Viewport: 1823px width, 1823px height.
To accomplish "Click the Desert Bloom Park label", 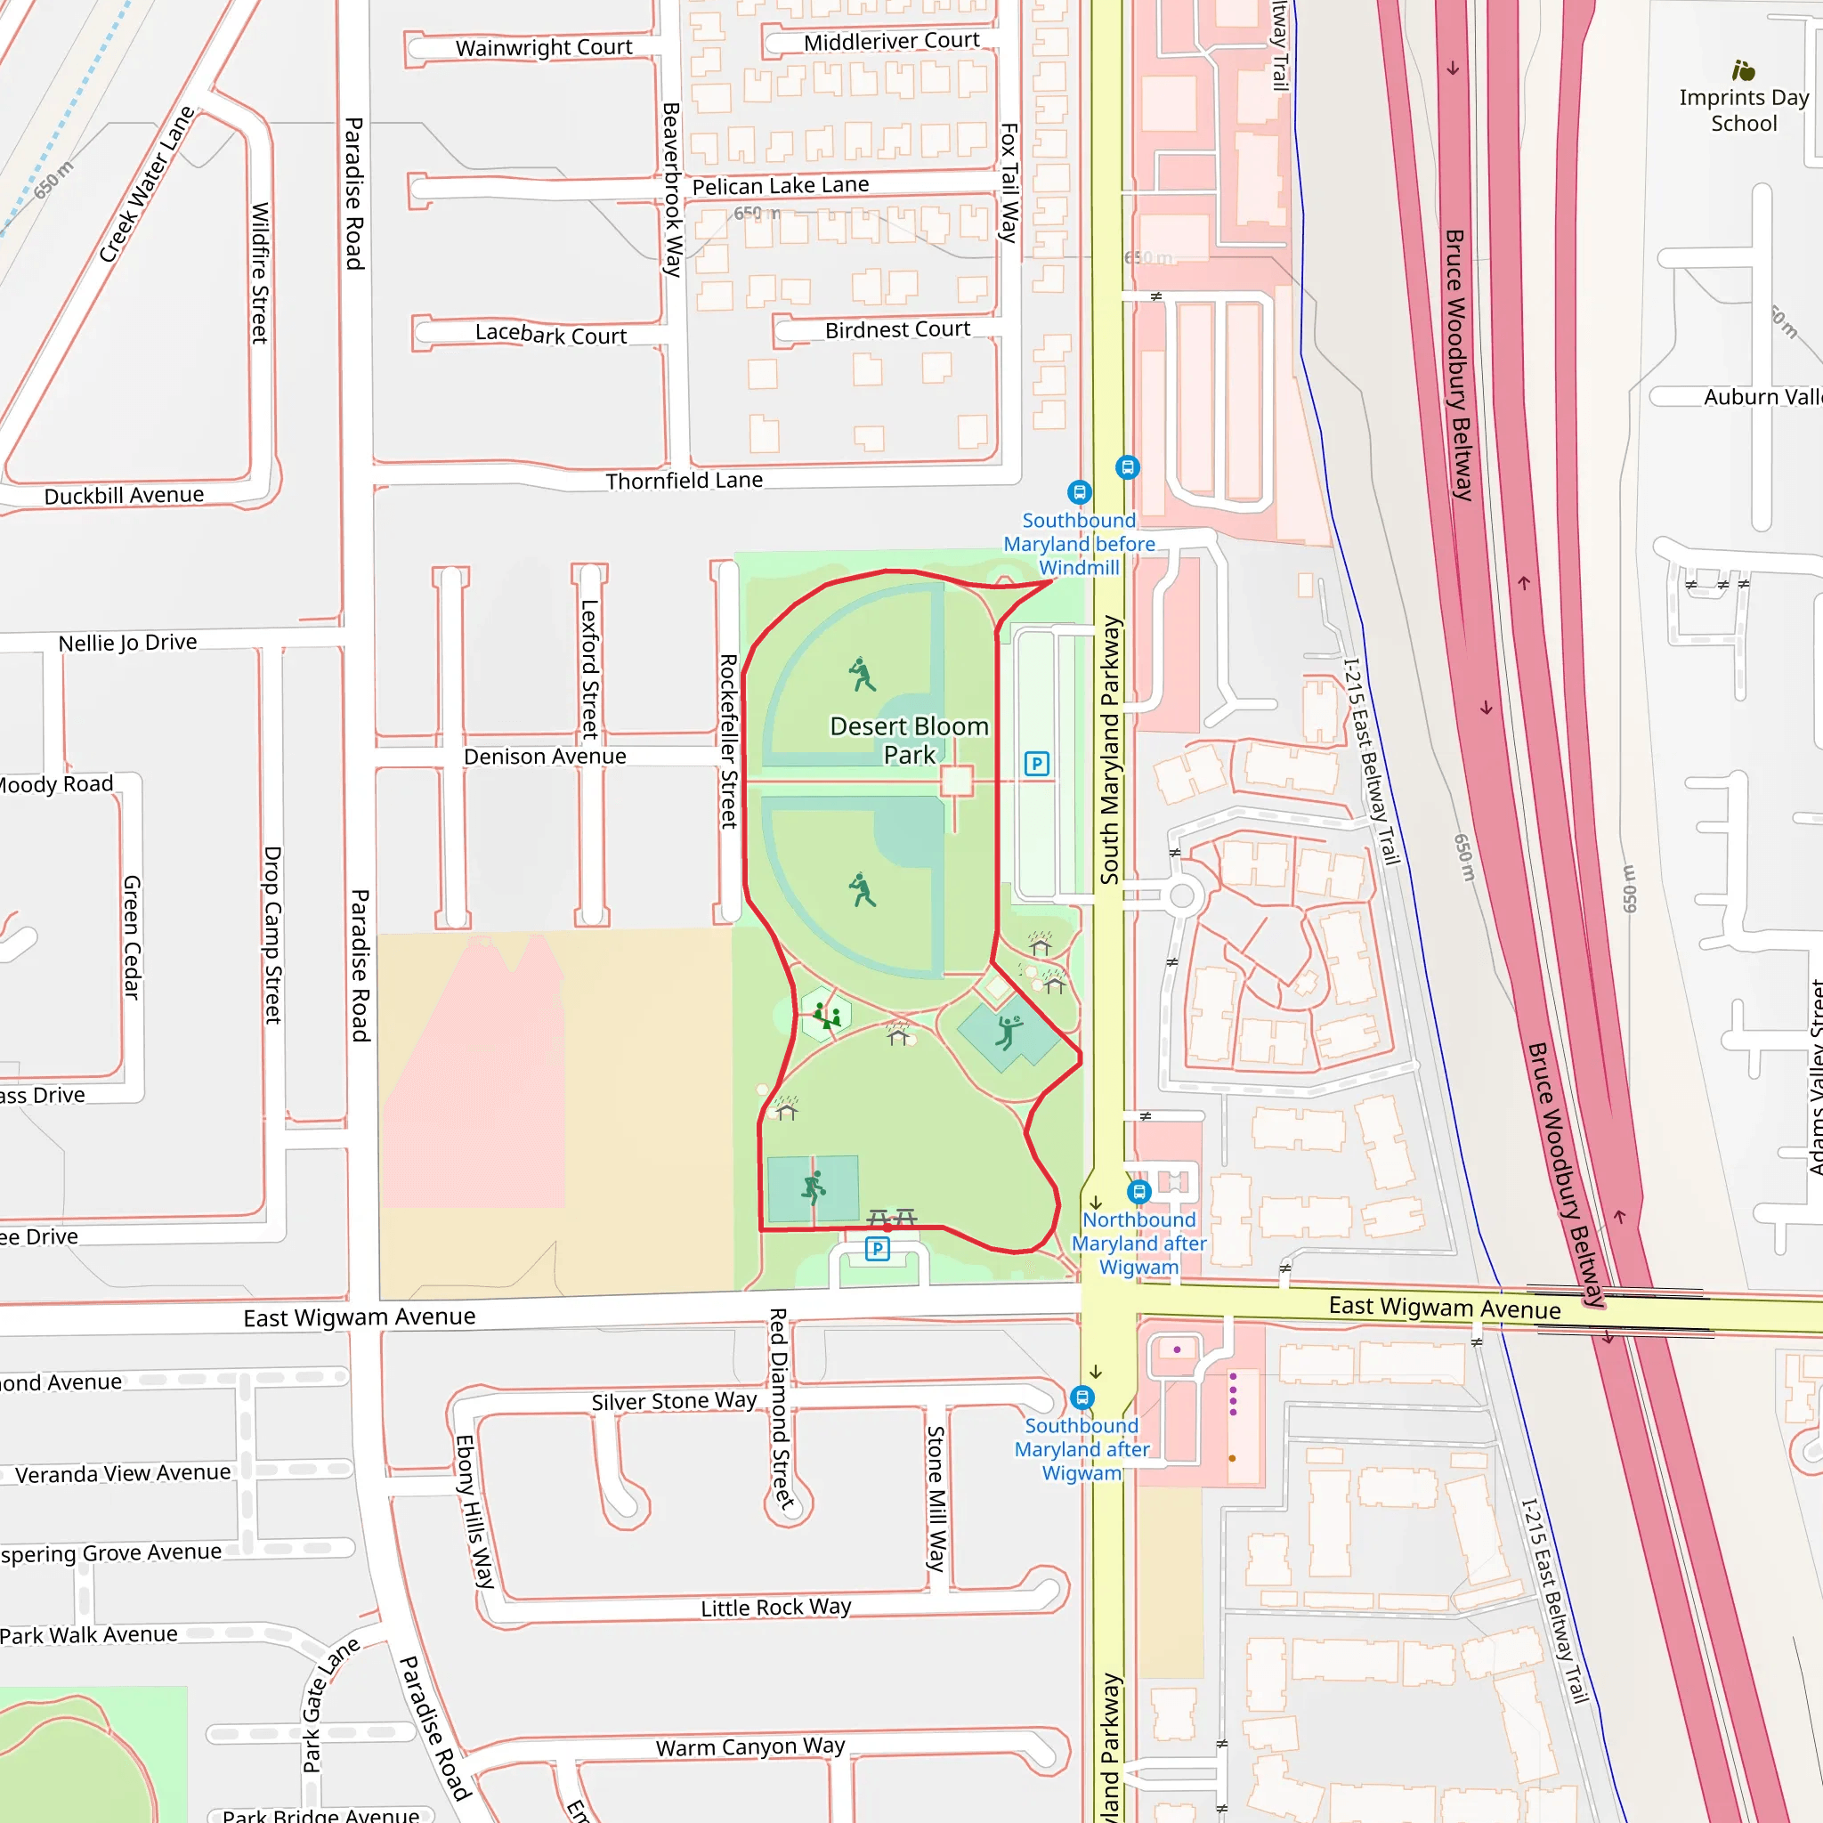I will tap(909, 741).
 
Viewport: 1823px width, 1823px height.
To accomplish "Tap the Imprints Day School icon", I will tap(1743, 71).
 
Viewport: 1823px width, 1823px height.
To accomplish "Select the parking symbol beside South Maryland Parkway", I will tap(1036, 764).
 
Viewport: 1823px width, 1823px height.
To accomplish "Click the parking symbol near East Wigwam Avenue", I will tap(877, 1249).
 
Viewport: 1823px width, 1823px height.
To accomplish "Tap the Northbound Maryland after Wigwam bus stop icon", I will tap(1138, 1191).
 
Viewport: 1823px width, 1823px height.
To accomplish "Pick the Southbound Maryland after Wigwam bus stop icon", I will tap(1082, 1398).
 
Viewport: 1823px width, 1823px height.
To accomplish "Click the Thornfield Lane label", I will tap(685, 482).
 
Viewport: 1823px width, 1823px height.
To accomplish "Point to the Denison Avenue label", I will tap(545, 757).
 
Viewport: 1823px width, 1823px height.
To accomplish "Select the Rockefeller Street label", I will tap(727, 741).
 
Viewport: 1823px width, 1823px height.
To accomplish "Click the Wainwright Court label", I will tap(544, 47).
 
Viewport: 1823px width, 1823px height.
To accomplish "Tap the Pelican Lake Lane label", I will tap(781, 186).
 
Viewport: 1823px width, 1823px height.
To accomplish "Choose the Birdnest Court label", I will tap(897, 330).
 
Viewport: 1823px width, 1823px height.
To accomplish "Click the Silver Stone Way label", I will tap(674, 1401).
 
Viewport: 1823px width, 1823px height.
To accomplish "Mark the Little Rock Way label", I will tap(775, 1608).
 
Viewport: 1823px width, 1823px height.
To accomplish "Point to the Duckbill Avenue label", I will tap(124, 496).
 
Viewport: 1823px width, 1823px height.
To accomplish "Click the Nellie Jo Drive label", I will tap(127, 643).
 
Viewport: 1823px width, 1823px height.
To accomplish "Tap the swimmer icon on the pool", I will tap(1008, 1033).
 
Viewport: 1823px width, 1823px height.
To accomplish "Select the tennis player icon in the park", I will tap(814, 1187).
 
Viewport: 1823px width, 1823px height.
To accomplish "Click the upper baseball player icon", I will tap(862, 675).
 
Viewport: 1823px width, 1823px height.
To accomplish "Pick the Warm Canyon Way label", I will tap(750, 1747).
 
